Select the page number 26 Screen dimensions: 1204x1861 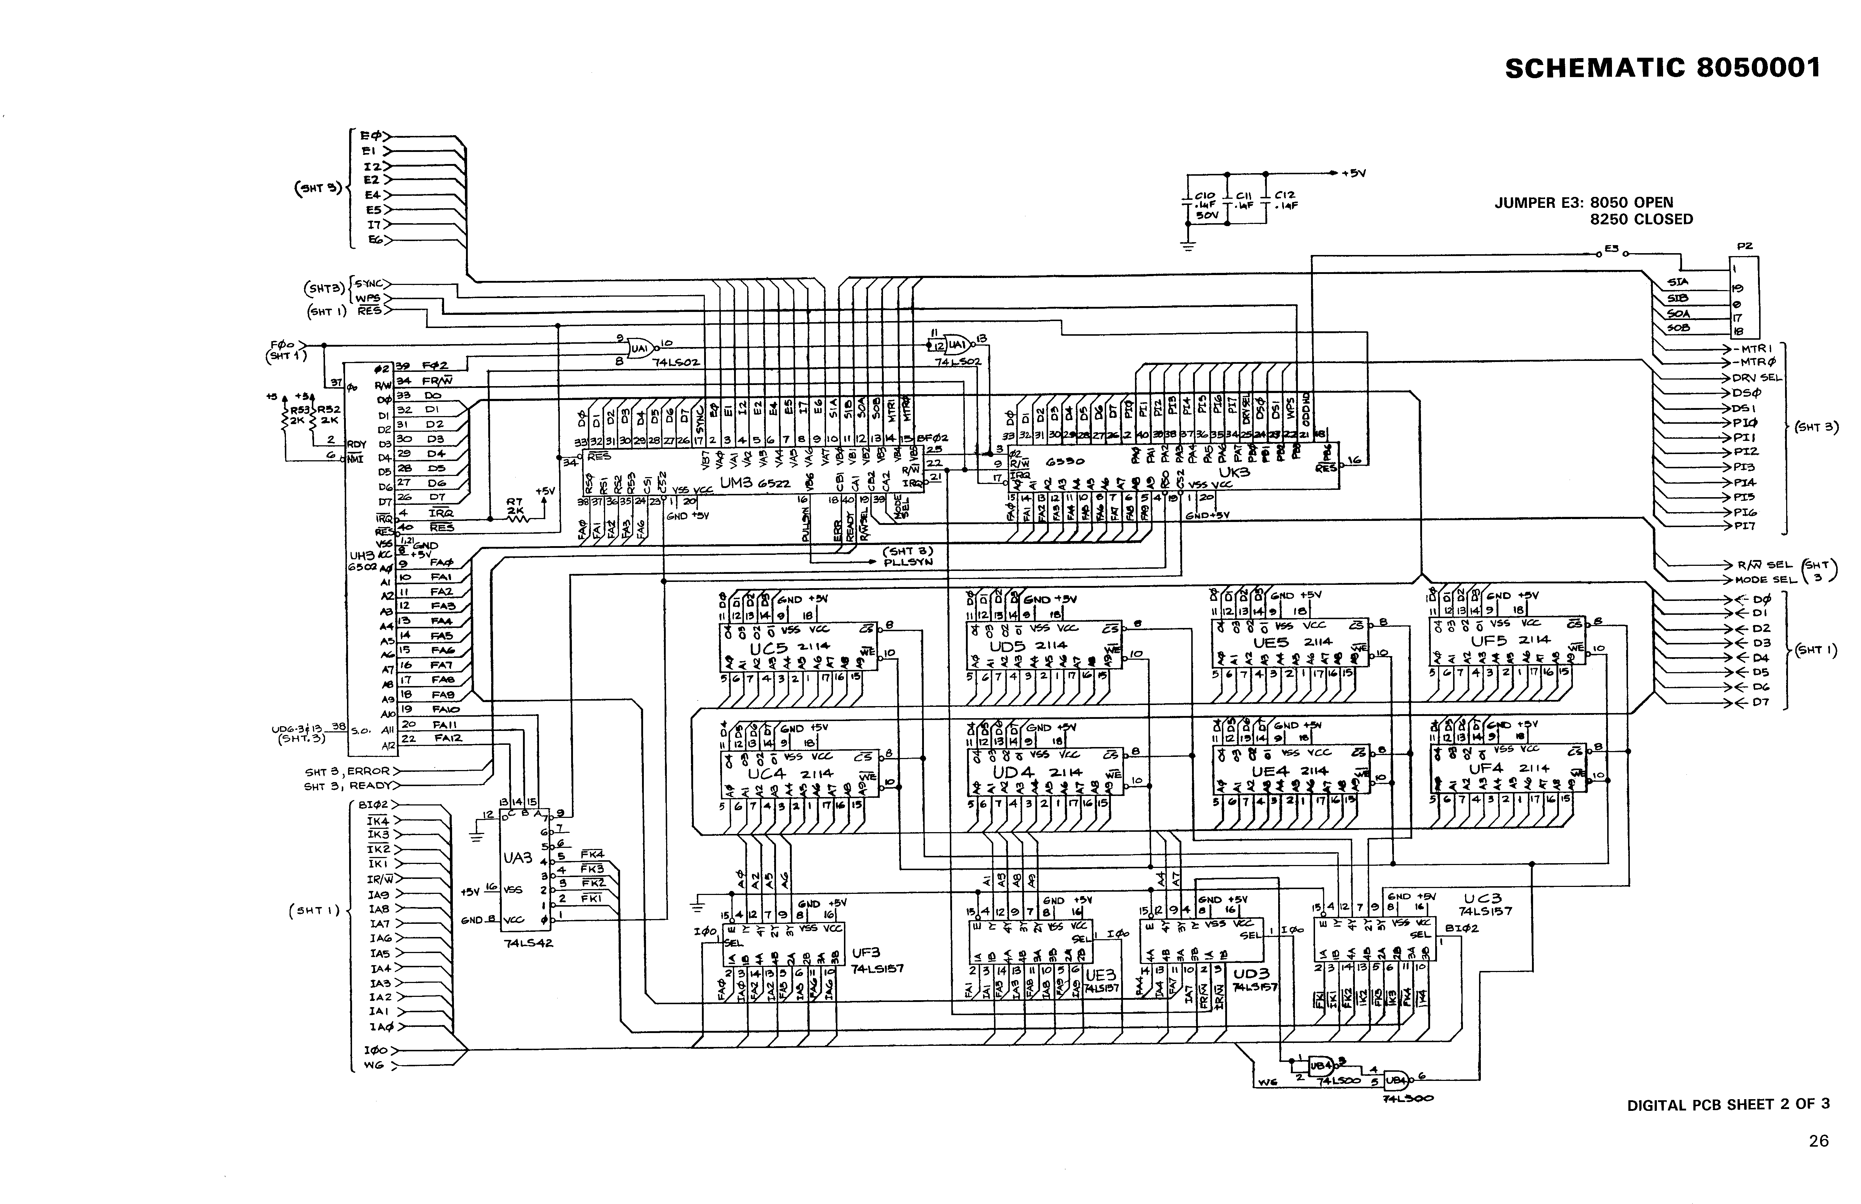[1818, 1141]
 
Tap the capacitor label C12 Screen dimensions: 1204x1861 [1284, 195]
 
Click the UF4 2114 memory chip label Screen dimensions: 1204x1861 [1505, 769]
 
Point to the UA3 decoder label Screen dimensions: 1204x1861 [517, 858]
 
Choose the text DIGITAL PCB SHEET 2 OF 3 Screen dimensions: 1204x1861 [1727, 1105]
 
